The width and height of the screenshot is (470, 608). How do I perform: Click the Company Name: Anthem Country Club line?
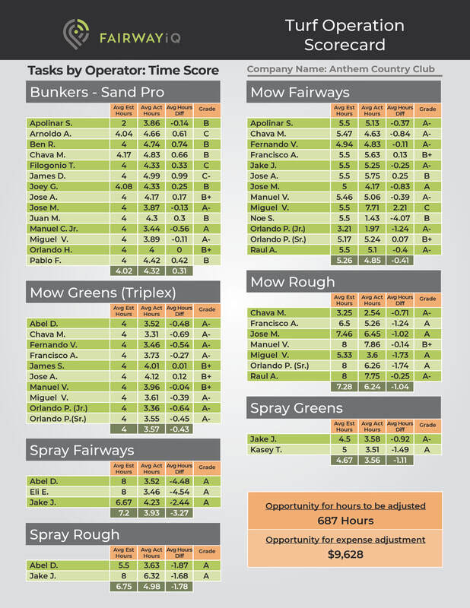341,70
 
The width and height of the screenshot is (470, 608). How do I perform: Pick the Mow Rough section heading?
292,282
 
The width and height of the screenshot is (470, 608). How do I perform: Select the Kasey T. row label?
266,449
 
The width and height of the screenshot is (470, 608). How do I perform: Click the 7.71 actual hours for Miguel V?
372,207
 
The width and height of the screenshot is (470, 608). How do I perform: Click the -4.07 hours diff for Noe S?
399,218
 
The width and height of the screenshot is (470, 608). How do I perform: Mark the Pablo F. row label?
45,261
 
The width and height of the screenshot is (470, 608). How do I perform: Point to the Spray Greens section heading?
297,408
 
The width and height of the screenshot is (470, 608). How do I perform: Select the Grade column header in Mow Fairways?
428,109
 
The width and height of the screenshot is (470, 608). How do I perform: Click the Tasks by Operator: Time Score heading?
123,71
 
